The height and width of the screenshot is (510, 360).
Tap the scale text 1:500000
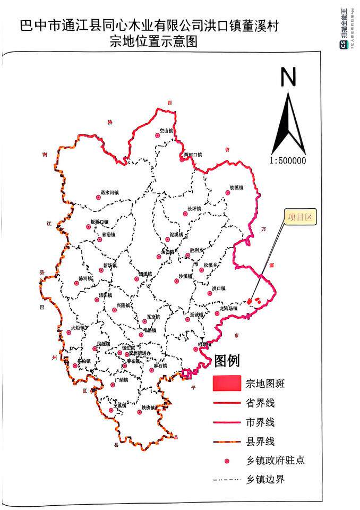click(288, 160)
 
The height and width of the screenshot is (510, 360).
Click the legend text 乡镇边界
click(266, 479)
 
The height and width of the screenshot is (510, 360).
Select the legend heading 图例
click(227, 361)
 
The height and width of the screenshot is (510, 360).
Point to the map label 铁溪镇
click(236, 188)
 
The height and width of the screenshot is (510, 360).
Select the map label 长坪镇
click(194, 209)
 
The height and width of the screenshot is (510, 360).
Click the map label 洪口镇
click(219, 288)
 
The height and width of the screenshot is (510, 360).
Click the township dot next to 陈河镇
click(76, 284)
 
